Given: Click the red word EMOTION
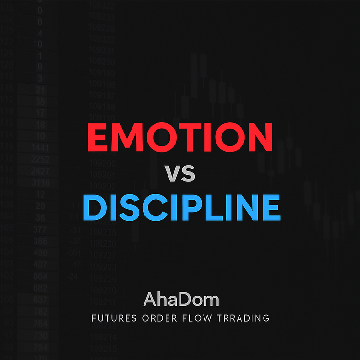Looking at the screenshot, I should [x=180, y=137].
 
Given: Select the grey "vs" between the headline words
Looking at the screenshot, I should [x=180, y=173].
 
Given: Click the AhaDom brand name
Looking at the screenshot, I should [x=181, y=300].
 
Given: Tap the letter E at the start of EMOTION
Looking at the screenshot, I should [x=98, y=137].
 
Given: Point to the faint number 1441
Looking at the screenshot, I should [x=39, y=147].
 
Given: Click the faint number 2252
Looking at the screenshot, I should [x=39, y=159].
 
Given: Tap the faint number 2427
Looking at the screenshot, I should [x=39, y=171].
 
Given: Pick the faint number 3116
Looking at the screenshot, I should [x=39, y=182].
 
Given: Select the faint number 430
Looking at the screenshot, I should [x=40, y=253].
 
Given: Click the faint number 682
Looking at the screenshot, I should [x=40, y=288].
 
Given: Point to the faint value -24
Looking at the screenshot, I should [x=73, y=277].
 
